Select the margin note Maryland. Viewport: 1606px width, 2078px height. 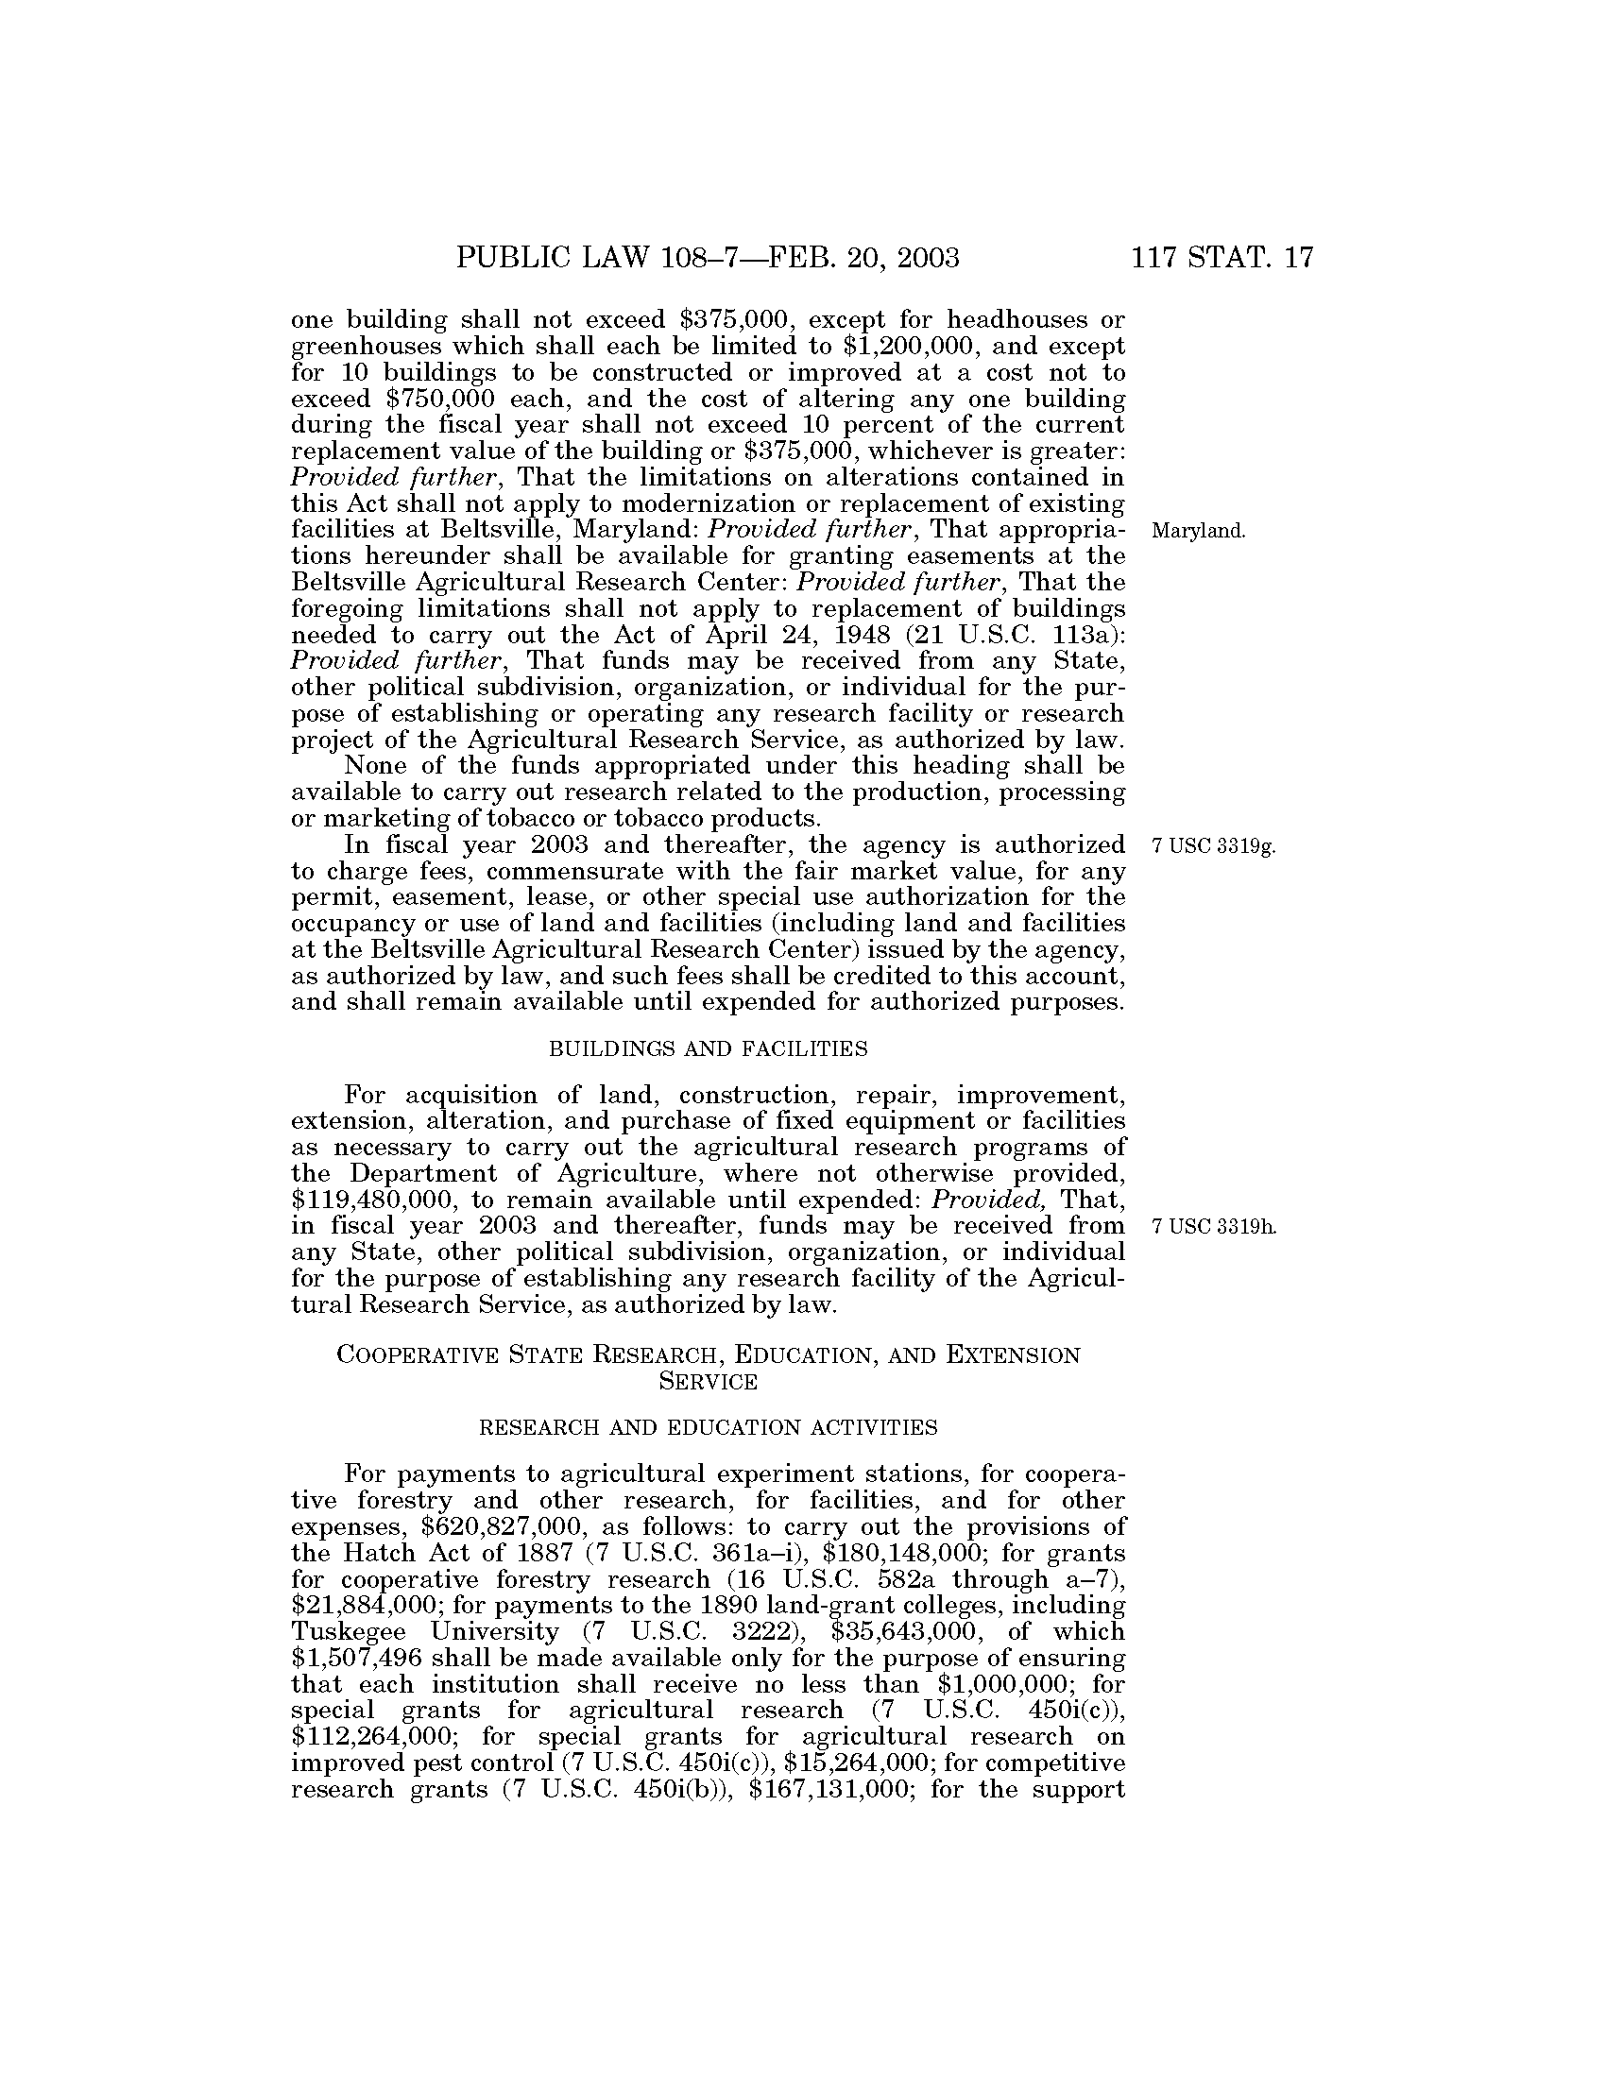pos(1198,531)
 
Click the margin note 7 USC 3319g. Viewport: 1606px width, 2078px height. pos(1212,846)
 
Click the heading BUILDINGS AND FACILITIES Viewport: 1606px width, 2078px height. pos(709,1049)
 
